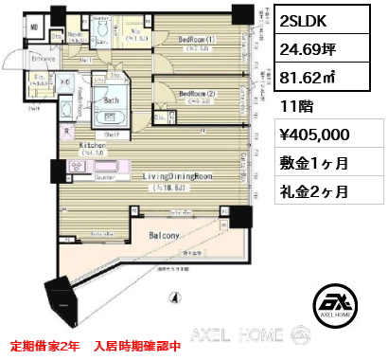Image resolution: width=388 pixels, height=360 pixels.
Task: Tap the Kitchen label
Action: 92,144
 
